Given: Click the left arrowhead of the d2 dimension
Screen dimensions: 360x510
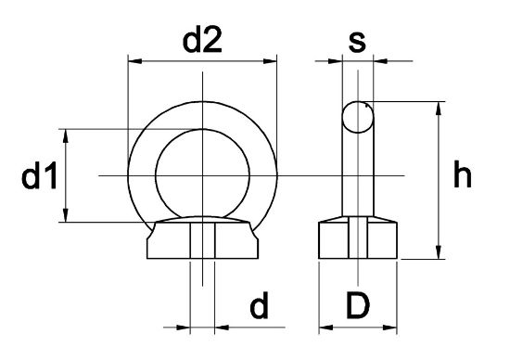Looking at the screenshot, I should click(132, 62).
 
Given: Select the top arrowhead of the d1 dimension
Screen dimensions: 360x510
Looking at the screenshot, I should click(67, 134).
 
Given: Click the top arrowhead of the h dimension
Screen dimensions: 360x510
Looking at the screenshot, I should click(437, 107).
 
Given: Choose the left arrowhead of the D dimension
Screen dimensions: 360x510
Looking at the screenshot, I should click(324, 327).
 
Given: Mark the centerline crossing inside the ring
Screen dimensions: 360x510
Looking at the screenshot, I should click(201, 175).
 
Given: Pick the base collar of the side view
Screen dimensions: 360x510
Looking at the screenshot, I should click(359, 241).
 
